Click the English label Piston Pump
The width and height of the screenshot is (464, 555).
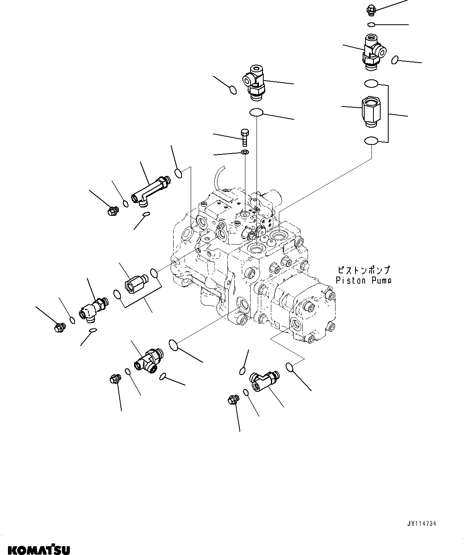pyautogui.click(x=363, y=280)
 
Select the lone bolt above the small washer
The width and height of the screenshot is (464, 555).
pyautogui.click(x=244, y=138)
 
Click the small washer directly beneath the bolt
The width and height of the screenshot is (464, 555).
pyautogui.click(x=245, y=153)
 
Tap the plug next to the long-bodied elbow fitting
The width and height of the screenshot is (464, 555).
pyautogui.click(x=112, y=210)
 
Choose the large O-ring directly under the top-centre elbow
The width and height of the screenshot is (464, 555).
pyautogui.click(x=256, y=113)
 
